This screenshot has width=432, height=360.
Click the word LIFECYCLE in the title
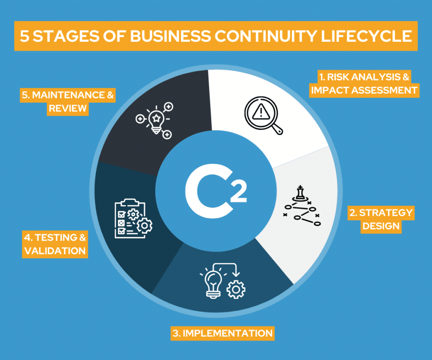coord(366,36)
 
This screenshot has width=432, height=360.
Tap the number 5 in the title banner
coord(24,36)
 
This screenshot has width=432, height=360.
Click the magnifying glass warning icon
coord(263,115)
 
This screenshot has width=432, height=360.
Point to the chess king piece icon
coord(300,193)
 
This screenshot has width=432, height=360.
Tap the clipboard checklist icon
coord(133,219)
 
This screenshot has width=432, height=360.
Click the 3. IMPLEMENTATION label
coord(222,333)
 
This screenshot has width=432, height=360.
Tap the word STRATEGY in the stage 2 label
coord(386,213)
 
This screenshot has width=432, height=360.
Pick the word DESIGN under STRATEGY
coord(381,226)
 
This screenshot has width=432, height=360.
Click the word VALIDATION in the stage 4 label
coord(55,251)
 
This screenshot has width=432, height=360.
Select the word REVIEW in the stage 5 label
coord(67,108)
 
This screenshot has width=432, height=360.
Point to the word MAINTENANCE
coord(68,95)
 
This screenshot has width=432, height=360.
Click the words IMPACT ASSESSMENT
coord(364,90)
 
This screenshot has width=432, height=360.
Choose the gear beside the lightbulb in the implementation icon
coord(236,290)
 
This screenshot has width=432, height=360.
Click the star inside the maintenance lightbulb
coord(156,119)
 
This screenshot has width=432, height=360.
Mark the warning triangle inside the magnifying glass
coord(261,111)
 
